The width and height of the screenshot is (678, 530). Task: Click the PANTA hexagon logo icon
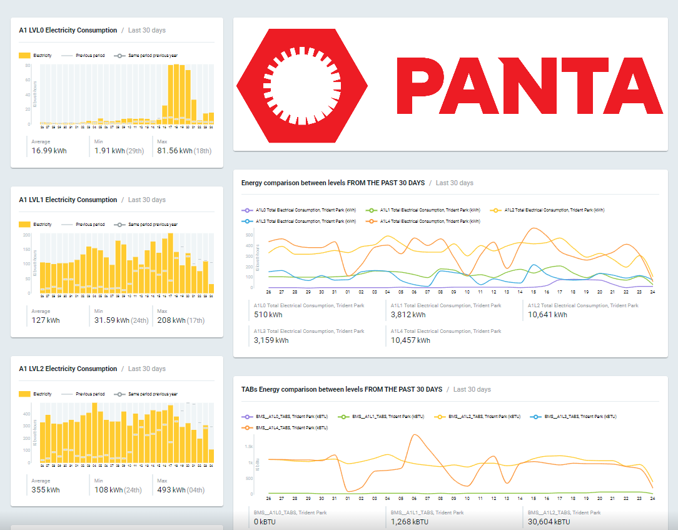pyautogui.click(x=302, y=84)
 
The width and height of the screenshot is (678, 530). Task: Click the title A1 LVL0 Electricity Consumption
pyautogui.click(x=68, y=30)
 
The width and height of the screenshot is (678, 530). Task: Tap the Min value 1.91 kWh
pyautogui.click(x=109, y=151)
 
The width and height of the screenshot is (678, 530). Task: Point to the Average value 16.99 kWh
pyautogui.click(x=49, y=151)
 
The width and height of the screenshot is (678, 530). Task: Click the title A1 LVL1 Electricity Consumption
pyautogui.click(x=68, y=200)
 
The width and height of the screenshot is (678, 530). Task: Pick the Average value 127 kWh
pyautogui.click(x=46, y=320)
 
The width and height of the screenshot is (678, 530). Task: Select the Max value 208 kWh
pyautogui.click(x=171, y=320)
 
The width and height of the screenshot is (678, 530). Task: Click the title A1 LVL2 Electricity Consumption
pyautogui.click(x=68, y=369)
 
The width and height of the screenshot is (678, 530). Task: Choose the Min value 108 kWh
pyautogui.click(x=109, y=490)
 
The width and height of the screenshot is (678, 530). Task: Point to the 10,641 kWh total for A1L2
pyautogui.click(x=547, y=315)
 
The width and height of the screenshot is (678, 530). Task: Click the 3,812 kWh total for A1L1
pyautogui.click(x=408, y=315)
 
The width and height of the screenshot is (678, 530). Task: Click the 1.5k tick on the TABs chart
pyautogui.click(x=248, y=447)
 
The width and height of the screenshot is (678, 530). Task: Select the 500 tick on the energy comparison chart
pyautogui.click(x=249, y=235)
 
